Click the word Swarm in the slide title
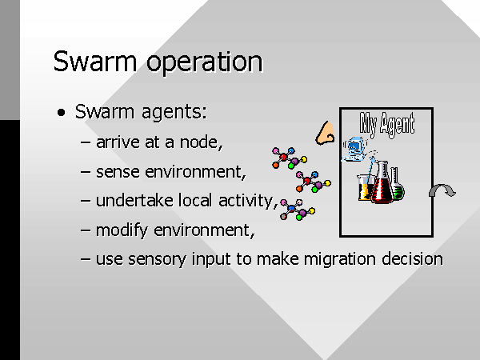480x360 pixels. click(x=95, y=62)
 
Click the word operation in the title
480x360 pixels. click(x=205, y=62)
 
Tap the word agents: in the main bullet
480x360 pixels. click(x=174, y=113)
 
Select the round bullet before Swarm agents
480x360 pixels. click(x=62, y=112)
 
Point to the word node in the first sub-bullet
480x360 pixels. click(x=201, y=142)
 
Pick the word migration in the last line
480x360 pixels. click(x=339, y=259)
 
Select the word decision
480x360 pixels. click(x=412, y=258)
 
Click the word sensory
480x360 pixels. click(x=157, y=259)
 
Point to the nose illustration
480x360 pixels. click(x=326, y=133)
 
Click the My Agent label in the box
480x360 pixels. click(x=387, y=124)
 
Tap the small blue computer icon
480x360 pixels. click(x=354, y=149)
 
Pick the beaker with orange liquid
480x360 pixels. click(x=366, y=188)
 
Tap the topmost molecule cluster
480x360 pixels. click(x=290, y=158)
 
